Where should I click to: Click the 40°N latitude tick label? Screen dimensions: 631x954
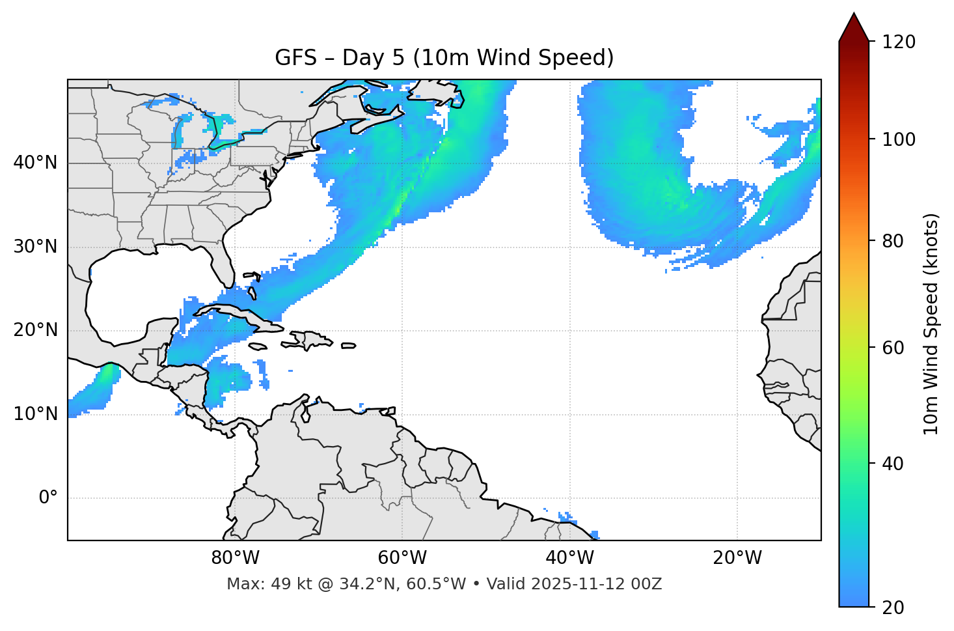click(35, 163)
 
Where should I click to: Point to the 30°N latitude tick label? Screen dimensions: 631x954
click(35, 247)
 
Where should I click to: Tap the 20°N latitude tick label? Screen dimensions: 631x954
click(35, 330)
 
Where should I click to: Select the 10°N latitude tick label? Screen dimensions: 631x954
click(35, 414)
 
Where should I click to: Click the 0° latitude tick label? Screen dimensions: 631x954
click(48, 498)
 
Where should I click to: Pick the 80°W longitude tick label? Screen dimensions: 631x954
click(235, 558)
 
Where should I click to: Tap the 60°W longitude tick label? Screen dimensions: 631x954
click(402, 558)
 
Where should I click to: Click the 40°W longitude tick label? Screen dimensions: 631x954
click(570, 558)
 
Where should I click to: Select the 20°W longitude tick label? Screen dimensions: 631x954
click(737, 558)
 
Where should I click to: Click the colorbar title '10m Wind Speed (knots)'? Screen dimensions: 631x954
click(931, 324)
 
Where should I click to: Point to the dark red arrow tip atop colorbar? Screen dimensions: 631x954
click(854, 26)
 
